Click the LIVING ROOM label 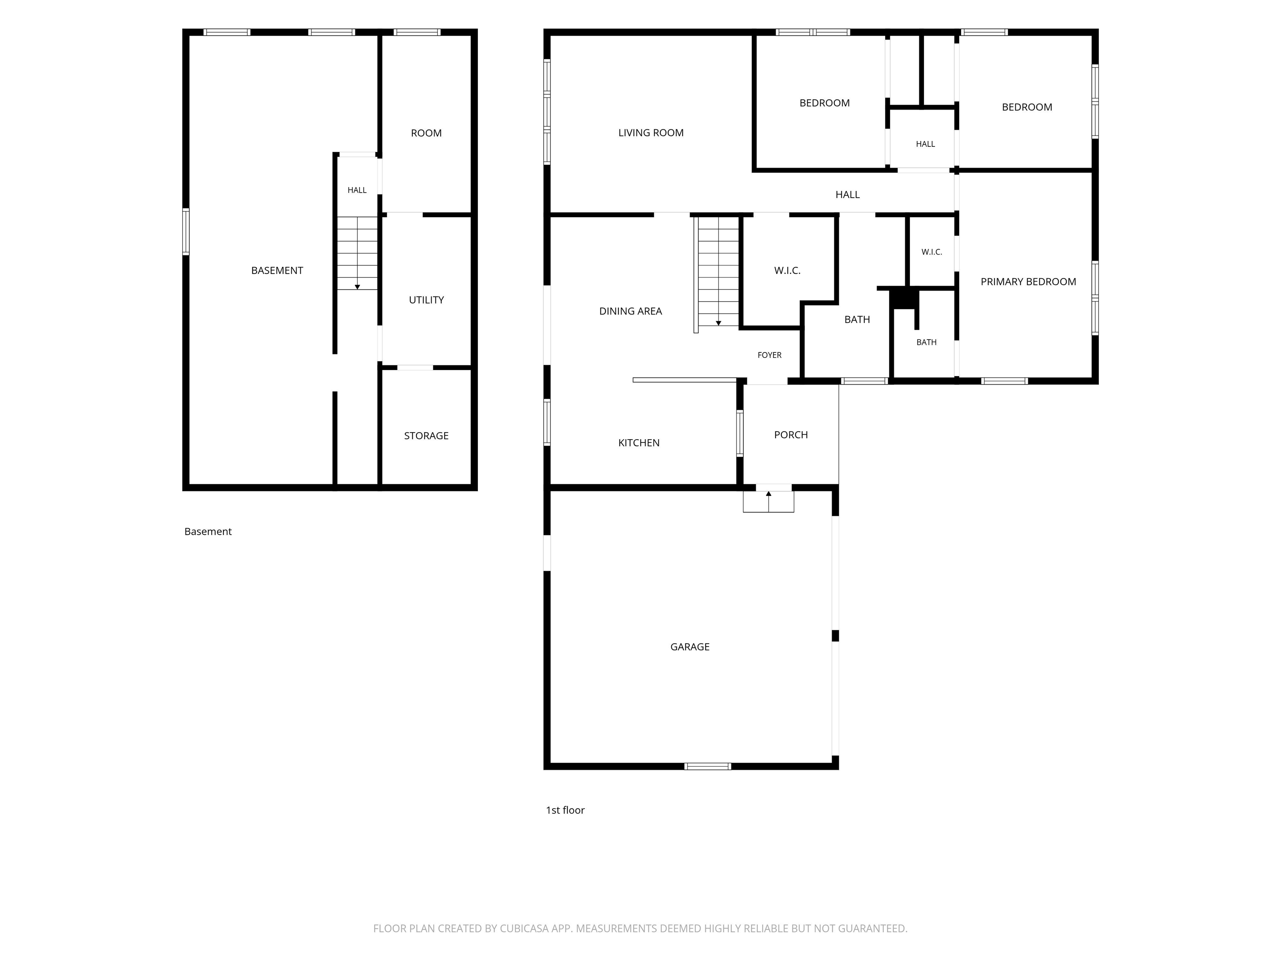[x=651, y=133]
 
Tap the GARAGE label [x=690, y=647]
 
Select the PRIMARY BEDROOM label [x=1028, y=282]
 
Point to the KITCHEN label [x=639, y=443]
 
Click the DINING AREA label [x=630, y=311]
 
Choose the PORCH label [x=791, y=435]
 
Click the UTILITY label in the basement [x=426, y=299]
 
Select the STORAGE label [x=426, y=435]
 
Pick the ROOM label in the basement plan [x=426, y=133]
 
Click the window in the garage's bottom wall [x=708, y=766]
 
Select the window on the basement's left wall [x=186, y=232]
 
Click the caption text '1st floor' [x=565, y=810]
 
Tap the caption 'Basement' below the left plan [x=208, y=531]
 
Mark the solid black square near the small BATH [x=904, y=298]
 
